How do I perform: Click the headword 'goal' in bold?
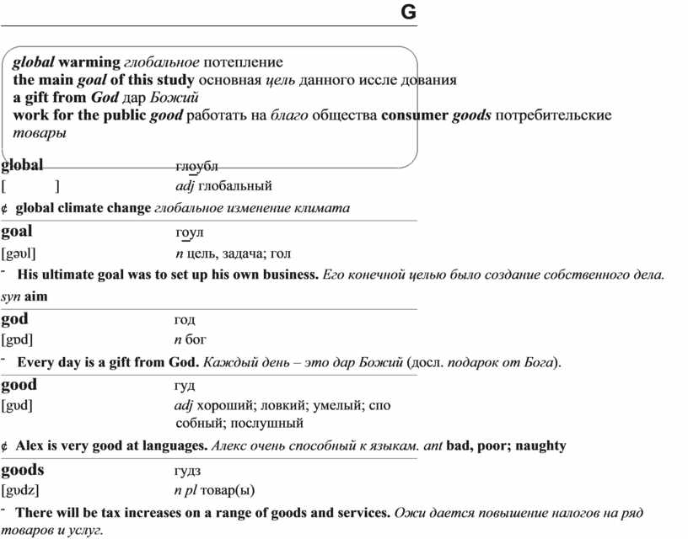(x=17, y=231)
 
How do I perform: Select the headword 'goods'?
(x=23, y=470)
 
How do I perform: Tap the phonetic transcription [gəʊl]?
(x=19, y=253)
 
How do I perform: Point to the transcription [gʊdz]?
(x=20, y=490)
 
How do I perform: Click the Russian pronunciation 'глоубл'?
(x=196, y=165)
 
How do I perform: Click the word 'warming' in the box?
(x=89, y=62)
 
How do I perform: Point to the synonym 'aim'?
(x=36, y=296)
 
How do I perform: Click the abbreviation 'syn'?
(x=11, y=296)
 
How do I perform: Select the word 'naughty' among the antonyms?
(x=540, y=446)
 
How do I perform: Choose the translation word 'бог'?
(x=196, y=339)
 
